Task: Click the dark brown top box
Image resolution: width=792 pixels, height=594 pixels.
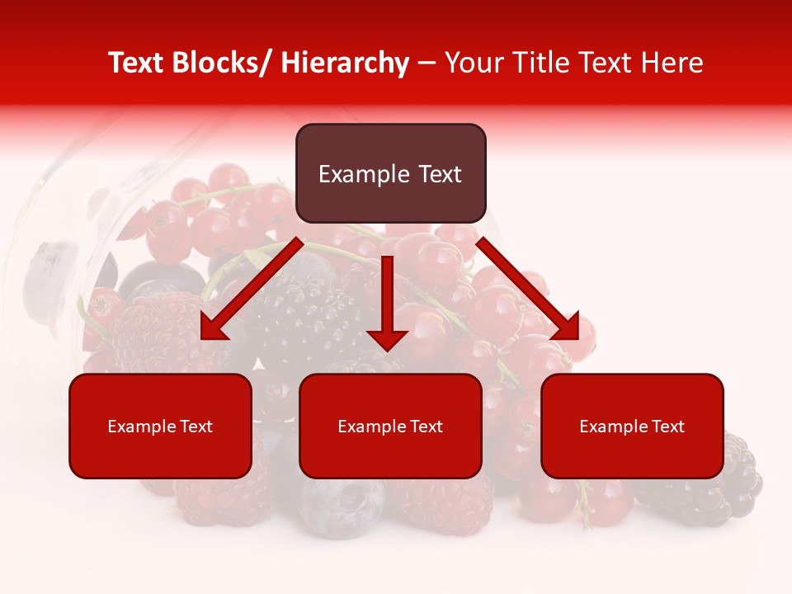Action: (390, 173)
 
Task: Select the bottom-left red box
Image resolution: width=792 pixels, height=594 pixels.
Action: (160, 426)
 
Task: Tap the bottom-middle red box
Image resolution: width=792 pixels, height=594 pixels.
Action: (390, 426)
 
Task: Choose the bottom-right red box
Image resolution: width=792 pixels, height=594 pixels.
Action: (632, 426)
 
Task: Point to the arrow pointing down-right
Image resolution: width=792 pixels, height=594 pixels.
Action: (527, 289)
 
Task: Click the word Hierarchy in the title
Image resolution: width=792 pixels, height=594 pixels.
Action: (345, 63)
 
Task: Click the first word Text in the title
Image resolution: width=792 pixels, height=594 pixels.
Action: (134, 63)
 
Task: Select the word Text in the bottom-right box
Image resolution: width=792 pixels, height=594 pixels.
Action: (667, 427)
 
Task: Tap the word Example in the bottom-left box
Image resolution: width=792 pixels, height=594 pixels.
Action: (142, 427)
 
